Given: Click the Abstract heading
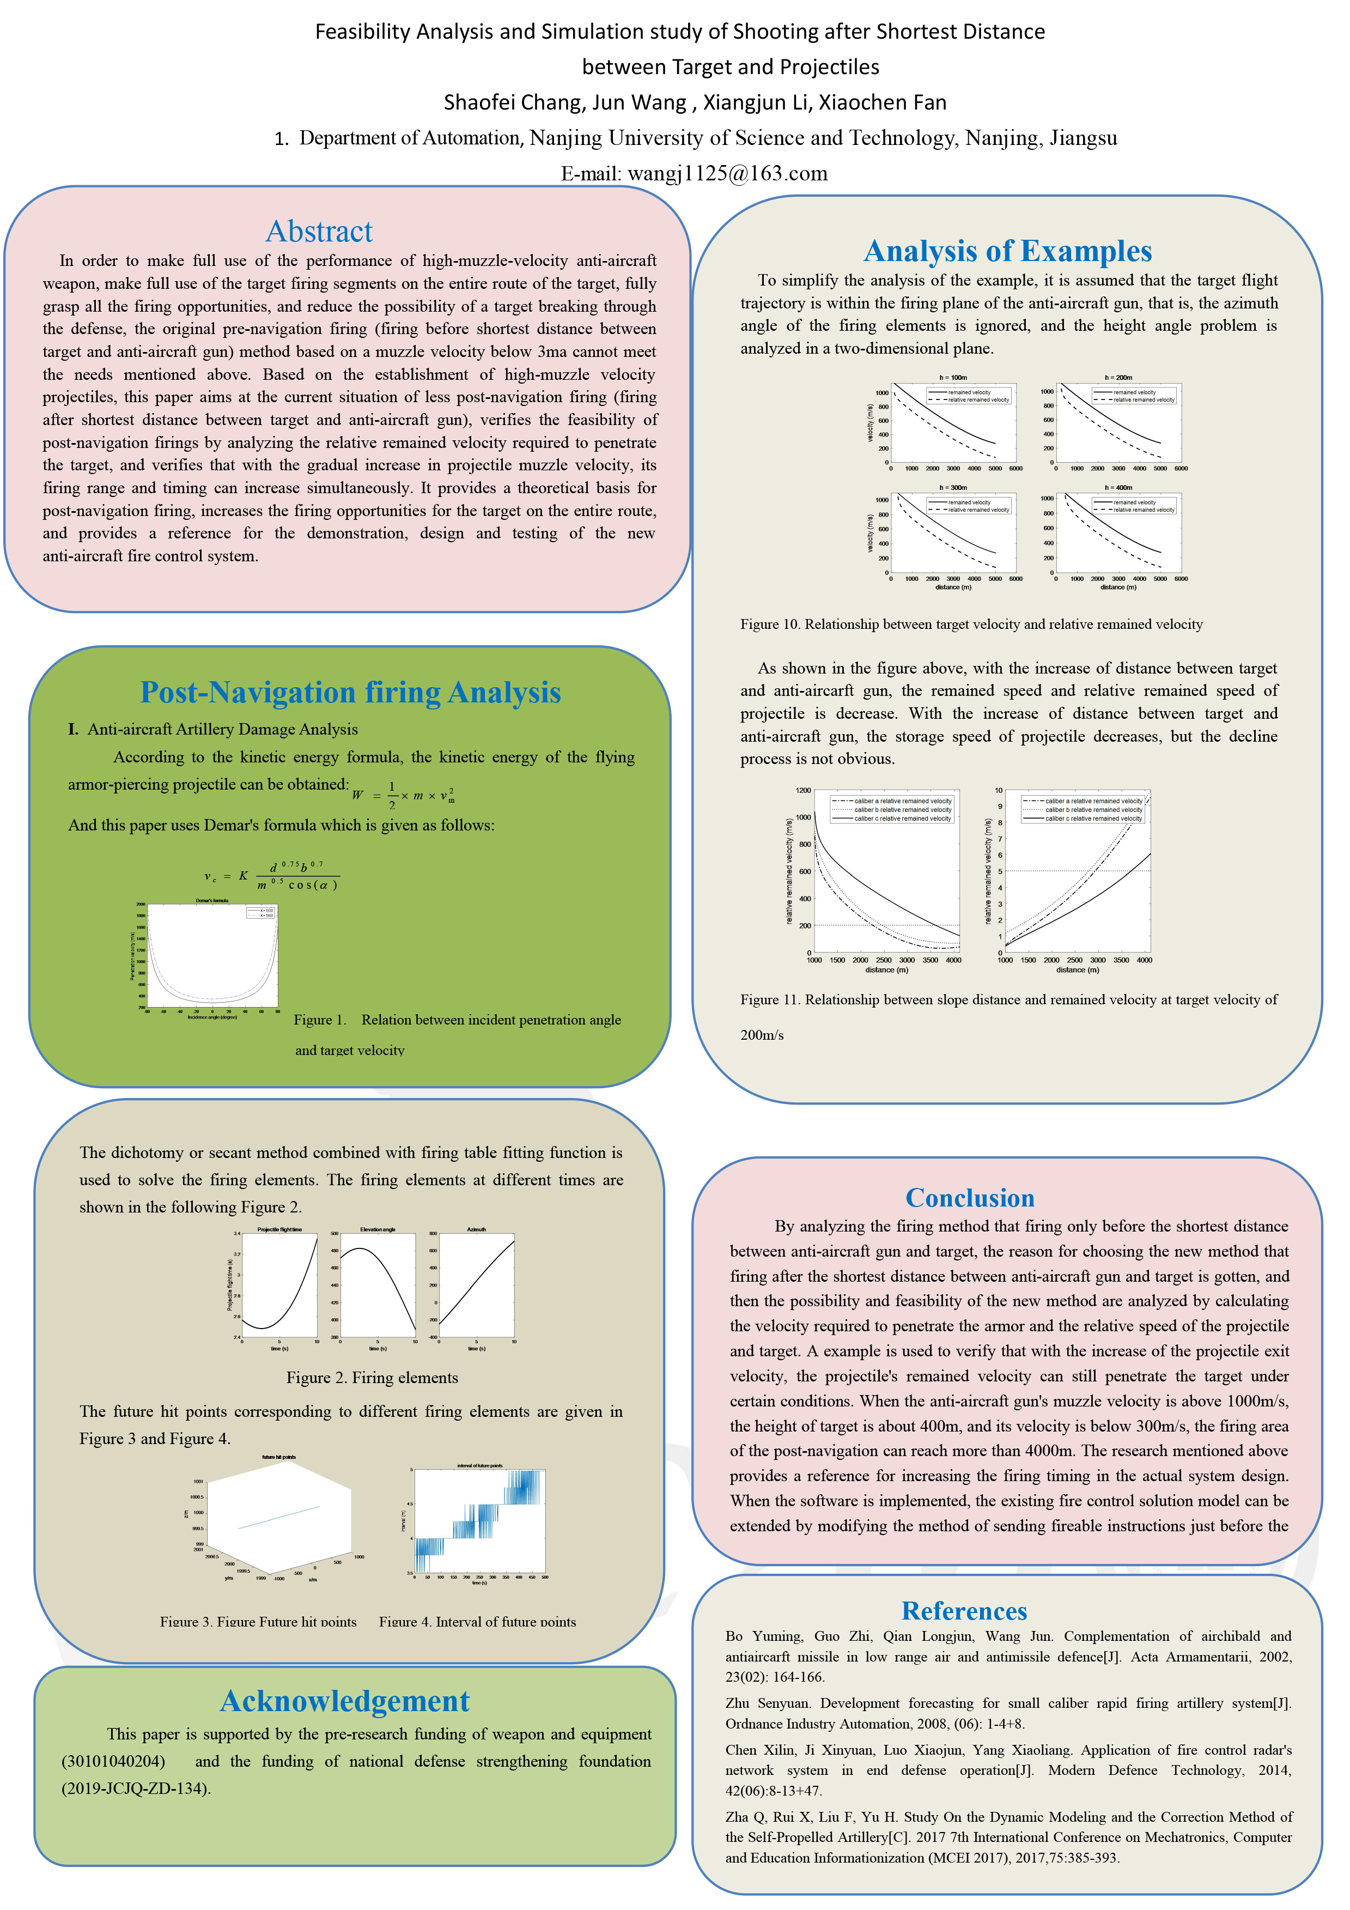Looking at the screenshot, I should coord(319,231).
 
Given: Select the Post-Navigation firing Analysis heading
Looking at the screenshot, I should coord(350,692).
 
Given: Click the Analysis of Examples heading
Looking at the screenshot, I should coord(1007,251).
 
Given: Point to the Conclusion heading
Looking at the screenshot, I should coord(970,1197).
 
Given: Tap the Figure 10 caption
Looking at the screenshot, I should coord(971,624).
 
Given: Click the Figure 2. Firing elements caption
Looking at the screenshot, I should coord(372,1378).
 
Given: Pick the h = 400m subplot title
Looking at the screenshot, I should coord(1118,488).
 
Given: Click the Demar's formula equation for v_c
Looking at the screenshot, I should coord(271,876).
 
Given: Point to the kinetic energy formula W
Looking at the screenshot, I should coord(403,795).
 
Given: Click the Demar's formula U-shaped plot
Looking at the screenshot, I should coord(212,955).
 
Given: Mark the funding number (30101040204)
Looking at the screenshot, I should coord(113,1761).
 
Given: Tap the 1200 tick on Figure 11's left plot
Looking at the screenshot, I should coord(802,790).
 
